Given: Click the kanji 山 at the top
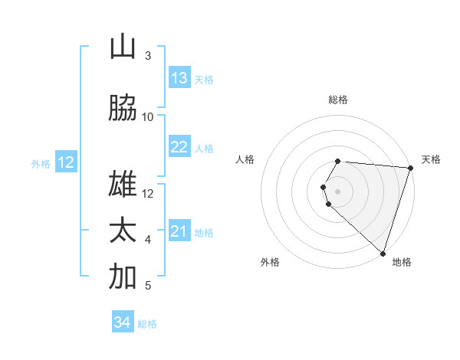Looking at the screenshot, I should pyautogui.click(x=123, y=47).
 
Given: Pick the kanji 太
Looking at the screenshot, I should pyautogui.click(x=123, y=231).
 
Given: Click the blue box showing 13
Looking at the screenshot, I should pyautogui.click(x=179, y=78).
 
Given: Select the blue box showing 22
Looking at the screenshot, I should pyautogui.click(x=179, y=147).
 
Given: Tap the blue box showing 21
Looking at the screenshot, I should pyautogui.click(x=179, y=231).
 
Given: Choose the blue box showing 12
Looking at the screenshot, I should pyautogui.click(x=66, y=162).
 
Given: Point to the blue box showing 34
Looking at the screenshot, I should pyautogui.click(x=123, y=322).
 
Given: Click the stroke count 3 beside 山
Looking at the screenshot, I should pyautogui.click(x=148, y=56).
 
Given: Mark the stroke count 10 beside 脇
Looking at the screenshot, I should pyautogui.click(x=148, y=116).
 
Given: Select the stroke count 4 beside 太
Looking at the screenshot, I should pyautogui.click(x=148, y=240).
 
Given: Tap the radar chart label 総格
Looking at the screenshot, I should pyautogui.click(x=338, y=100).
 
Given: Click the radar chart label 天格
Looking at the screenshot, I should pyautogui.click(x=431, y=159).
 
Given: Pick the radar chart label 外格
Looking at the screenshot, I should pyautogui.click(x=270, y=262).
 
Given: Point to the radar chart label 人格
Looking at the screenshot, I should pyautogui.click(x=245, y=159).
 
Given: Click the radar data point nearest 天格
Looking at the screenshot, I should pyautogui.click(x=410, y=168).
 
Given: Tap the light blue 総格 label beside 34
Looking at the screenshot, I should pyautogui.click(x=147, y=324).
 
